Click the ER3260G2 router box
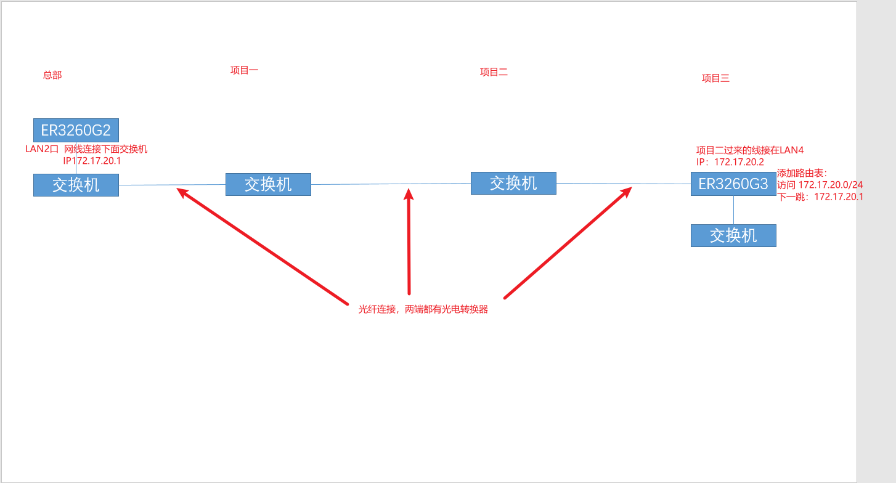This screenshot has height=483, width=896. (76, 130)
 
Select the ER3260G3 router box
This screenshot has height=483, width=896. (733, 184)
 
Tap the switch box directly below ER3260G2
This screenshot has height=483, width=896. (76, 185)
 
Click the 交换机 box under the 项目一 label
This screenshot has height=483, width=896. (268, 184)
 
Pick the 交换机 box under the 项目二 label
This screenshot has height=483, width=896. (513, 183)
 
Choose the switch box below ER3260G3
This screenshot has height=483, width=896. (733, 235)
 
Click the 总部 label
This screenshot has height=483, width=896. (52, 75)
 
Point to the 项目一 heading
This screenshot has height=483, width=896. (244, 70)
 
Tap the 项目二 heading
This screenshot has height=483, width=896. (494, 72)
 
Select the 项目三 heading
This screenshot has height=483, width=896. (715, 78)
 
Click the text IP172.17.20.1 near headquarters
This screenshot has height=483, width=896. (92, 161)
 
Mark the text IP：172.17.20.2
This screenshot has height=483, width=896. (730, 162)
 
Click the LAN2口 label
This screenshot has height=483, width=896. (42, 149)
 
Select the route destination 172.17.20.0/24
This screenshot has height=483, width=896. (831, 185)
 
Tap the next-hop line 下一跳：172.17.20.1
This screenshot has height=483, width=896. (820, 197)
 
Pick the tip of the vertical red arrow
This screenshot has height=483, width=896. (408, 192)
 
